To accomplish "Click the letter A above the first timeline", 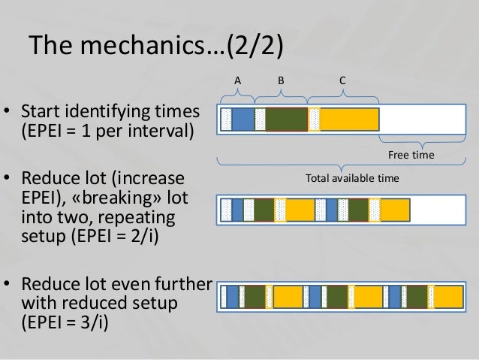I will (x=237, y=79).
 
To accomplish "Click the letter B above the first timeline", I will (x=281, y=79).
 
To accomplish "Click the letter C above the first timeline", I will (x=342, y=79).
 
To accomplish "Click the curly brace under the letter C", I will (x=342, y=93).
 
